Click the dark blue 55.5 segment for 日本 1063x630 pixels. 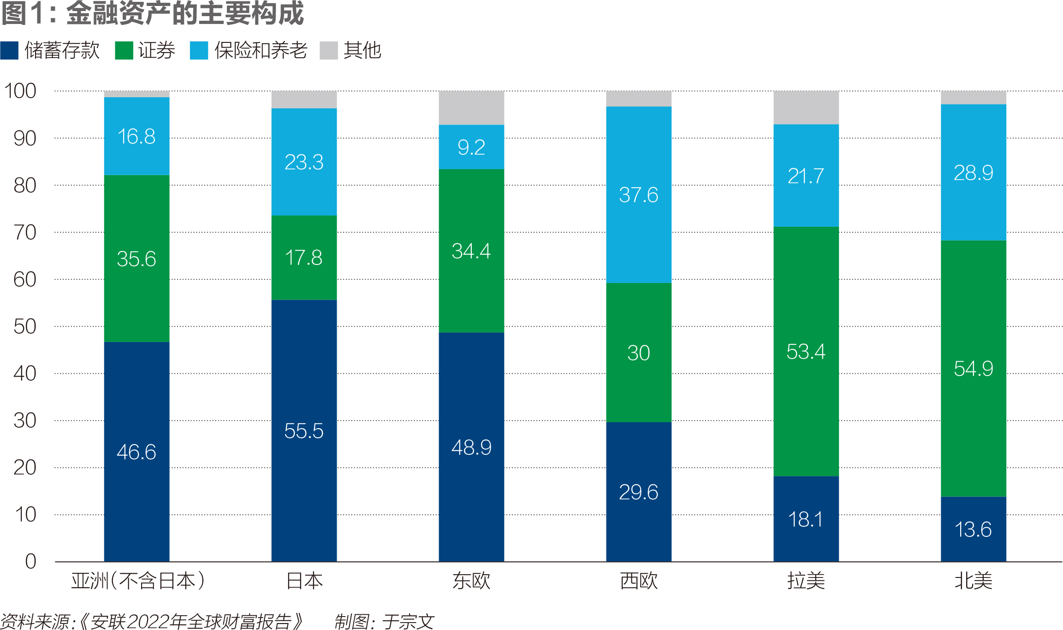click(304, 430)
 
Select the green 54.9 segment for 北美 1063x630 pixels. click(973, 368)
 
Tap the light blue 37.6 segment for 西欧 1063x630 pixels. click(638, 194)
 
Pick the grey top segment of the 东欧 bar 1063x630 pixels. click(471, 108)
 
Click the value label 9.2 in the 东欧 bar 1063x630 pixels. click(471, 147)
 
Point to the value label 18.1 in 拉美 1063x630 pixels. click(805, 519)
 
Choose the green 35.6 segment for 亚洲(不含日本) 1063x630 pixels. click(137, 258)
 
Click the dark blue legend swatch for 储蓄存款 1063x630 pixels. click(9, 51)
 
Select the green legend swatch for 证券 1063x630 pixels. click(124, 51)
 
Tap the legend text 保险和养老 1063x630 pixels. click(261, 50)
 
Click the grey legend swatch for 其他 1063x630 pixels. click(329, 51)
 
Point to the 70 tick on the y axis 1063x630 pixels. click(25, 232)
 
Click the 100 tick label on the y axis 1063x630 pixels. click(20, 91)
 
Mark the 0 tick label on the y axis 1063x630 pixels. click(31, 561)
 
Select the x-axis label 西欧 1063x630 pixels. click(639, 581)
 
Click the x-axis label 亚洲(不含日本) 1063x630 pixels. click(137, 581)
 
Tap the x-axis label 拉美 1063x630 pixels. click(806, 581)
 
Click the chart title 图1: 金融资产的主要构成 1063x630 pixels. click(152, 13)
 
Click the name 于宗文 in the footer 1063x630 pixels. click(408, 621)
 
